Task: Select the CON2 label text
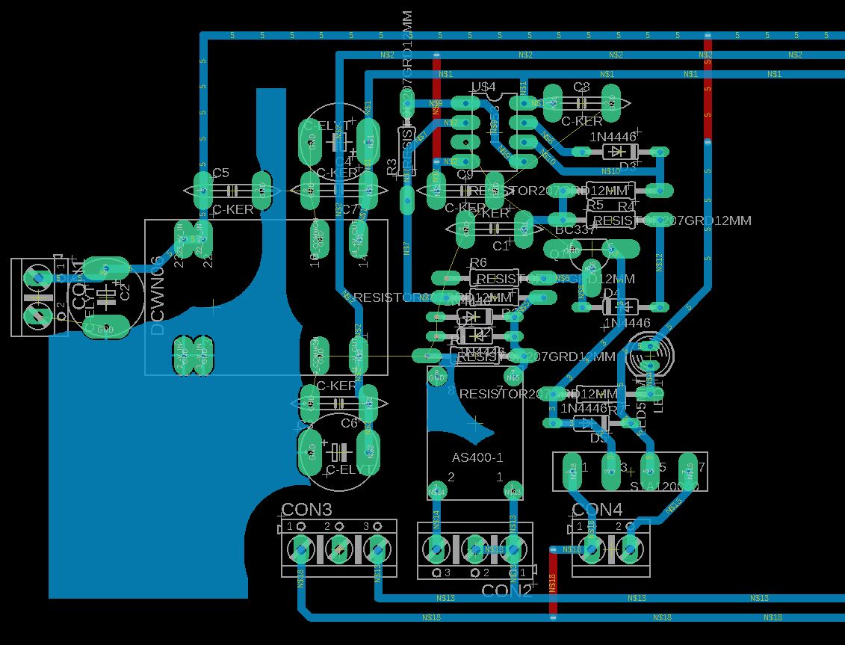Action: pyautogui.click(x=507, y=591)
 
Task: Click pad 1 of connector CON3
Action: pyautogui.click(x=300, y=550)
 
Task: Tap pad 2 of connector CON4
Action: pyautogui.click(x=630, y=550)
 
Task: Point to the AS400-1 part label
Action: pyautogui.click(x=477, y=457)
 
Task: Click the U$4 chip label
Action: pyautogui.click(x=483, y=87)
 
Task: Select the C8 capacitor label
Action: pyautogui.click(x=581, y=87)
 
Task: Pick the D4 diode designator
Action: pyautogui.click(x=611, y=292)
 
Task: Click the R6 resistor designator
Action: pyautogui.click(x=477, y=262)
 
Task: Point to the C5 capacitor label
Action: pyautogui.click(x=220, y=173)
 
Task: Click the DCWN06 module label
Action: pyautogui.click(x=158, y=296)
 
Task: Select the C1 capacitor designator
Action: pyautogui.click(x=501, y=246)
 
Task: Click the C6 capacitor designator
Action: pyautogui.click(x=349, y=423)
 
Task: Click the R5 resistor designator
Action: pyautogui.click(x=594, y=205)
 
